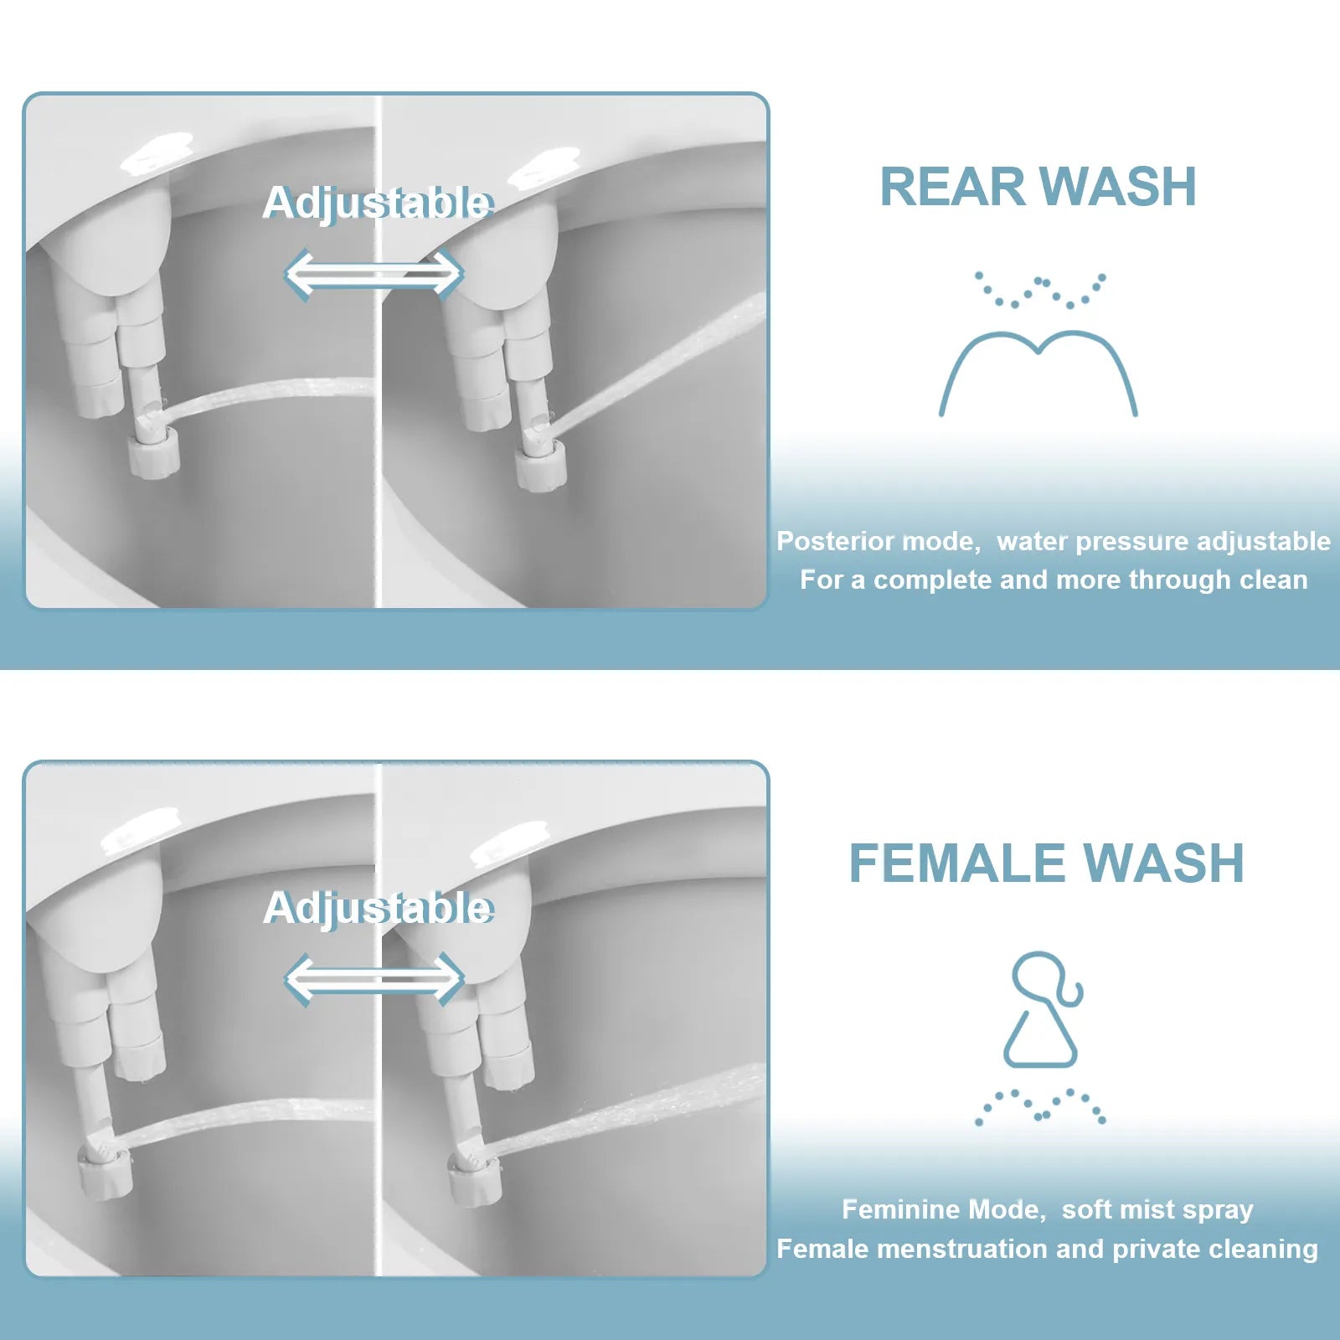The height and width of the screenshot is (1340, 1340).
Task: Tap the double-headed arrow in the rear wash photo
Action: pyautogui.click(x=374, y=274)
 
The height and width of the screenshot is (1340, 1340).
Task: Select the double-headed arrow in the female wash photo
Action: pyautogui.click(x=374, y=979)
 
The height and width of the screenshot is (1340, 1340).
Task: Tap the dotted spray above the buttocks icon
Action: pyautogui.click(x=1039, y=290)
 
